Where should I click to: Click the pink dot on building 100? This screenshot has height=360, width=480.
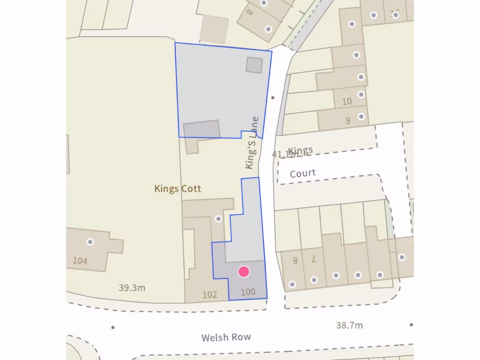point(244,271)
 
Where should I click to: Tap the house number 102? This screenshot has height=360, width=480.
point(210,295)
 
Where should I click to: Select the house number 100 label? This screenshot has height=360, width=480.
point(248,292)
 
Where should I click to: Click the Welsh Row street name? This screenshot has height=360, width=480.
point(226,337)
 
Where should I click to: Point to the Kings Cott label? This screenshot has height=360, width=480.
point(178,189)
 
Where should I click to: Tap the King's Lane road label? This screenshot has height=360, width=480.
point(252,142)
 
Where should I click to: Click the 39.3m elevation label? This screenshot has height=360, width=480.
point(132,288)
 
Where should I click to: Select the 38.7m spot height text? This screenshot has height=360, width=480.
point(349,325)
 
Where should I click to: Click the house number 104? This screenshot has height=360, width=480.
point(80,261)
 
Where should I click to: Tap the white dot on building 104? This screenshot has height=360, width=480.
point(90,242)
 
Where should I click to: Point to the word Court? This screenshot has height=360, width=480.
point(303,173)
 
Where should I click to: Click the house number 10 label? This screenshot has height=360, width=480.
point(347,101)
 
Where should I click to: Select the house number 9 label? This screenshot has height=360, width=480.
point(348,121)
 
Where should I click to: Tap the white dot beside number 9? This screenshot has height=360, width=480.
point(361,116)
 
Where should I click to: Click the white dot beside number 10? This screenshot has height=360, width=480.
point(361,94)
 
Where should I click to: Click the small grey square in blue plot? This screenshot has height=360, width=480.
point(254,65)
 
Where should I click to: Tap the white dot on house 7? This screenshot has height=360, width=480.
point(314,280)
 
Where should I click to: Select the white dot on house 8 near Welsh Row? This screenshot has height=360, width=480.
point(292,284)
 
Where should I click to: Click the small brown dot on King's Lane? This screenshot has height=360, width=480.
point(273,98)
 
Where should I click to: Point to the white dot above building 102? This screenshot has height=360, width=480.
point(218,218)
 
